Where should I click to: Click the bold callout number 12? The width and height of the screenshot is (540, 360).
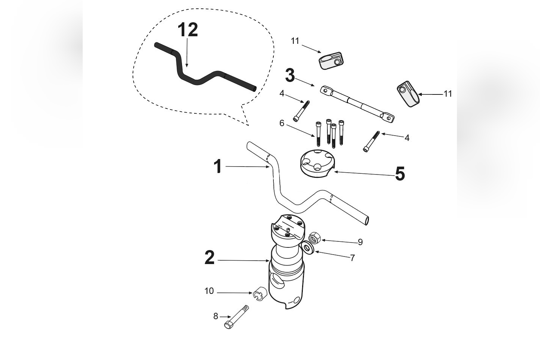pos(187,29)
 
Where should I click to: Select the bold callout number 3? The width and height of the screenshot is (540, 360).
pos(290,75)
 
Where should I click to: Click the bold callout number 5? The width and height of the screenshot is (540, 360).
pos(400,174)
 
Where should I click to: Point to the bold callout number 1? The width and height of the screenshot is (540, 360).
pos(218,166)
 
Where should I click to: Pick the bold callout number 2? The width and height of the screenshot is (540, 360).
pos(210,258)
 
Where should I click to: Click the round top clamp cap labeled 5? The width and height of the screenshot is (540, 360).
pos(317,164)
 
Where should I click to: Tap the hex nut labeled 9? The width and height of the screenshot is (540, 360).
pos(315,238)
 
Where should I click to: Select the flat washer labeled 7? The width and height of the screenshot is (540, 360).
pos(307,248)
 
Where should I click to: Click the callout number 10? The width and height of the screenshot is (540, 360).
pos(209,291)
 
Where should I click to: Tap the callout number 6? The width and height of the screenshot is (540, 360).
pos(282,123)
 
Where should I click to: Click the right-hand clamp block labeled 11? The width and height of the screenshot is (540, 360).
pos(407,93)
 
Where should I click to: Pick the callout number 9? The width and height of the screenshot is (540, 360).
pos(360,242)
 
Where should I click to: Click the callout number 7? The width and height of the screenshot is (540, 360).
pos(352,258)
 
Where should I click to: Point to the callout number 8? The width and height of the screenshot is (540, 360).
pos(216,316)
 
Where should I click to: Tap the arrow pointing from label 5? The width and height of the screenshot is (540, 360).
pos(363,174)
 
